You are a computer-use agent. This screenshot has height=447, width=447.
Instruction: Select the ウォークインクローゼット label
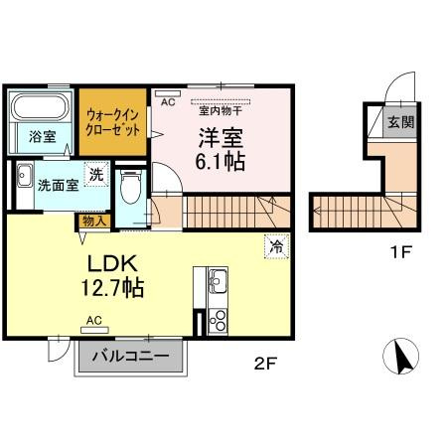[x=113, y=121]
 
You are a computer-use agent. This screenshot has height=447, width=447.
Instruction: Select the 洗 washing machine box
[x=95, y=176]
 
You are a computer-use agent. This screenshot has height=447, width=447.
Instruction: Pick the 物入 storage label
[x=94, y=221]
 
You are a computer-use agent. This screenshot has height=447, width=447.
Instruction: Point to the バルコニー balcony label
[x=130, y=357]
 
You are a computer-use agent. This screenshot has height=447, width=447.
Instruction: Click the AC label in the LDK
[x=94, y=320]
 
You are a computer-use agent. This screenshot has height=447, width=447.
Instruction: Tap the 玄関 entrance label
[x=399, y=124]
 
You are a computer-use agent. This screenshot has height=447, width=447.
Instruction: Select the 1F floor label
[x=399, y=251]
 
